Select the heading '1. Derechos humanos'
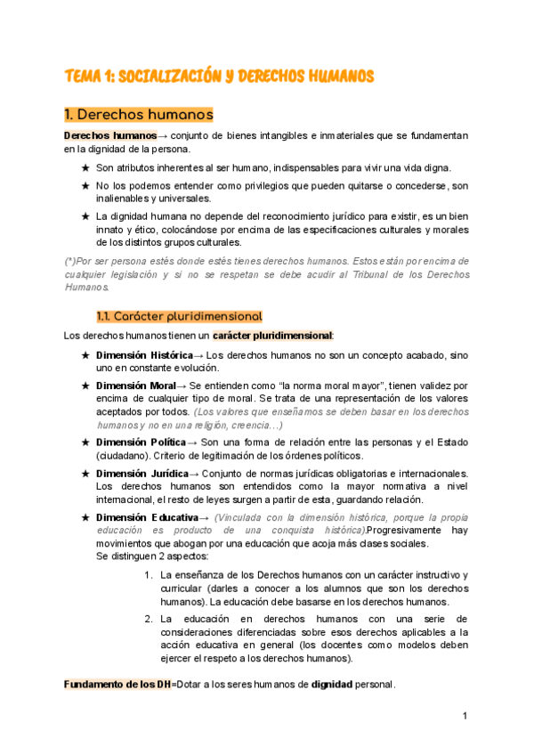coord(138,115)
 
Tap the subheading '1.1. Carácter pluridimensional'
coord(179,316)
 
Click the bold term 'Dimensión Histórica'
coord(143,355)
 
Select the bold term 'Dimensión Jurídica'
coord(142,473)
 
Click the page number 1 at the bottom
coord(465,716)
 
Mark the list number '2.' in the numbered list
coord(150,619)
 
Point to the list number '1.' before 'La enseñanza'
coord(149,575)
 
